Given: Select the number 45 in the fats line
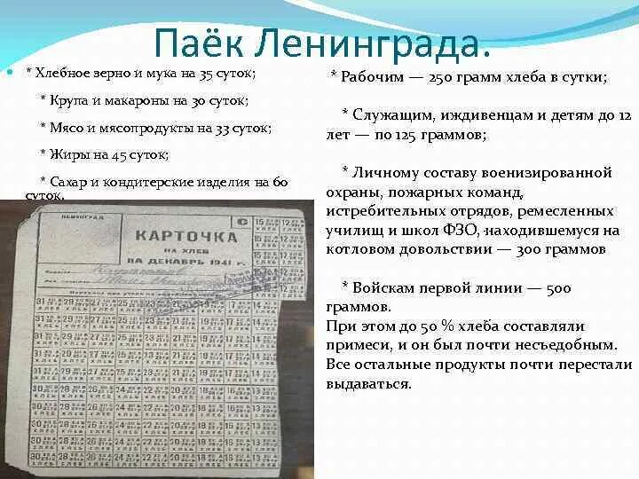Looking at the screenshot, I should point(121,155).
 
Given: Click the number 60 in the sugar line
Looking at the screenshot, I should point(280,182).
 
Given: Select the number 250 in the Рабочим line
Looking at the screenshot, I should point(453,78).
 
